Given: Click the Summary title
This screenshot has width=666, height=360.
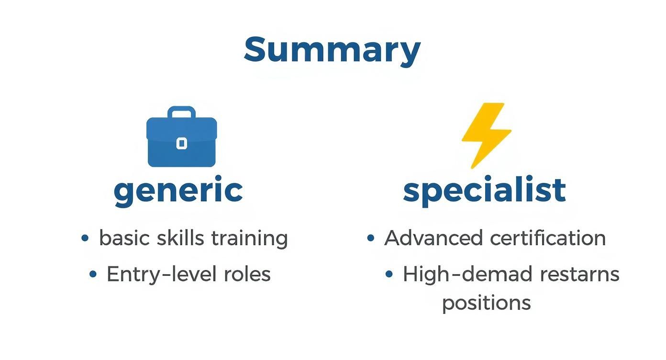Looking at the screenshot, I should (332, 49).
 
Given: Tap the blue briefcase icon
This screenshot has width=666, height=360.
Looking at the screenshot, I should (181, 137).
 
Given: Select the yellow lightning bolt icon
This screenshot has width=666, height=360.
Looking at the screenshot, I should (485, 135).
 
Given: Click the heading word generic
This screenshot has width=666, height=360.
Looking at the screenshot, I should (178, 191).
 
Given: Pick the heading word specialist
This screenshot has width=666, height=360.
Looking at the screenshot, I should (484, 190).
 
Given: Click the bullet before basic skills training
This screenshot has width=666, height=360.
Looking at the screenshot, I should (85, 238).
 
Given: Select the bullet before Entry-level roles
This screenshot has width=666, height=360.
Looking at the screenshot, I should (93, 274).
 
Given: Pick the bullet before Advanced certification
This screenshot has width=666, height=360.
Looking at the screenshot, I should (370, 238).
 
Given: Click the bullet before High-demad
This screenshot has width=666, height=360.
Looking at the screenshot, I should (389, 274).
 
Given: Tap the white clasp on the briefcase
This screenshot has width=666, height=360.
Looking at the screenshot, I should (181, 143).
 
